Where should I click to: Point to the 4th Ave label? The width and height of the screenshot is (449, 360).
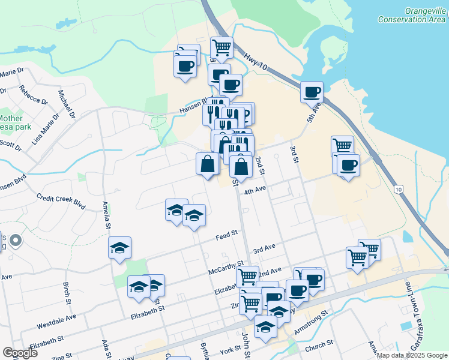tap(255, 191)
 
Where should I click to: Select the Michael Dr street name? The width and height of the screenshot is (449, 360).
tap(65, 103)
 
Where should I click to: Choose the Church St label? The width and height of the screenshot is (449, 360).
tap(319, 345)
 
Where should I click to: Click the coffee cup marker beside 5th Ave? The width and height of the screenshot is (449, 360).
tap(312, 92)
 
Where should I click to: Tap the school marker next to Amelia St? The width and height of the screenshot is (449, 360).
tap(120, 247)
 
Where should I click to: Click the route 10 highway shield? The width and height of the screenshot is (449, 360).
tap(399, 189)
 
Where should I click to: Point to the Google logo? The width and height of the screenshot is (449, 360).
tap(20, 353)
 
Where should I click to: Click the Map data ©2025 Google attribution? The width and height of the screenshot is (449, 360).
tap(411, 355)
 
